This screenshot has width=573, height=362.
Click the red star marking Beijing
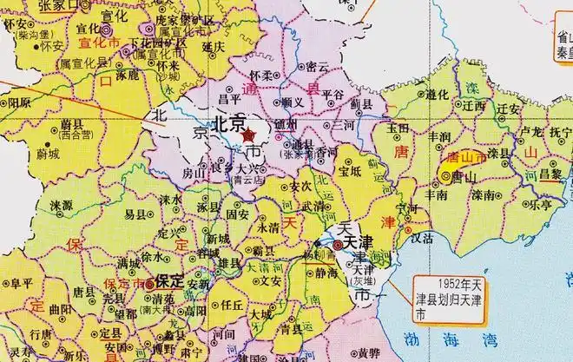pos(248,135)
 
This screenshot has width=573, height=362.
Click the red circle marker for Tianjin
pos(337,247)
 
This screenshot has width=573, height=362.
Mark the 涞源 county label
pos(61,206)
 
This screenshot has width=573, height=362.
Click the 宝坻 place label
pos(351,171)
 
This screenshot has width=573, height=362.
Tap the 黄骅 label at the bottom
pos(368,352)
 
